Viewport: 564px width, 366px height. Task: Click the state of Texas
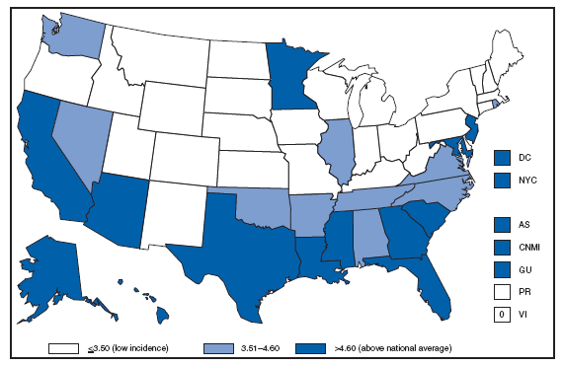point(237,237)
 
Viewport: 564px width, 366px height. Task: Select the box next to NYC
point(503,181)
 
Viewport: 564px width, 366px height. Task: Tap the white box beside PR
point(503,293)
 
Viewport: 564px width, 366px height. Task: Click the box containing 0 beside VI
point(503,315)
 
